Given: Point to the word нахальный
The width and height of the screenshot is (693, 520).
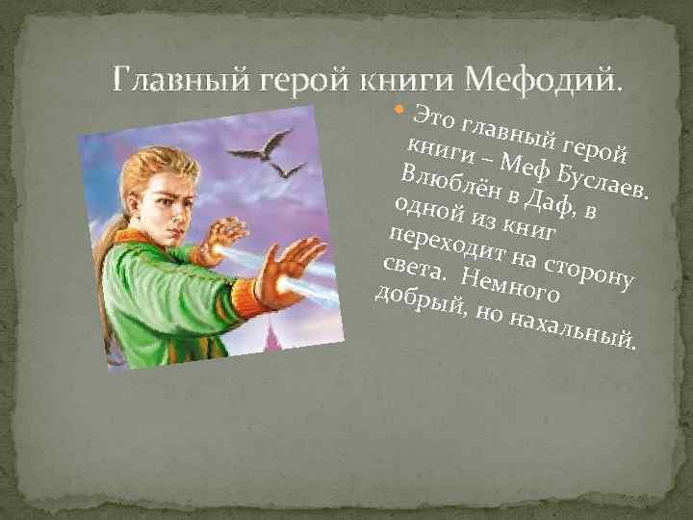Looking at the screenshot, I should click(x=577, y=328).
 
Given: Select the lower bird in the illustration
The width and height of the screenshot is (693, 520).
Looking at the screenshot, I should click(x=286, y=169).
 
